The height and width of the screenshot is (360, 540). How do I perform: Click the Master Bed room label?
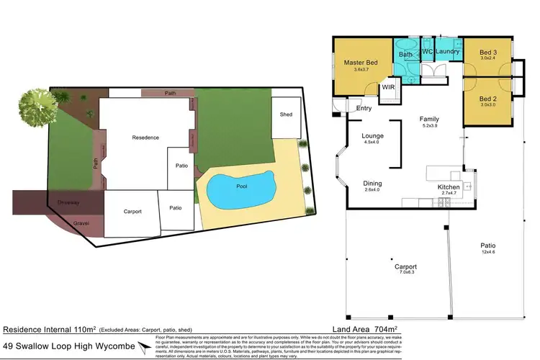pyautogui.click(x=356, y=63)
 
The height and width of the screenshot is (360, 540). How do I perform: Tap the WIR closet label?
pyautogui.click(x=388, y=86)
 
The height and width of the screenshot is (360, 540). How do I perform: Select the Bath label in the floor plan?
pyautogui.click(x=406, y=55)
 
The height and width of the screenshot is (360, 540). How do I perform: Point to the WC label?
pyautogui.click(x=426, y=52)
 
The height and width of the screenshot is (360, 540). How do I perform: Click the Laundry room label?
pyautogui.click(x=447, y=52)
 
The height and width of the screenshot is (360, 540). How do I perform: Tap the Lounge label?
pyautogui.click(x=372, y=135)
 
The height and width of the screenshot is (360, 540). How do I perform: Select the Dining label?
pyautogui.click(x=372, y=184)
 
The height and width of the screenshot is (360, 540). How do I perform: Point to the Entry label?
pyautogui.click(x=364, y=108)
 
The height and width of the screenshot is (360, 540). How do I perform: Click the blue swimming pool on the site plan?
pyautogui.click(x=240, y=189)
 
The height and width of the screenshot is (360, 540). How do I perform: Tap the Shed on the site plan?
pyautogui.click(x=286, y=115)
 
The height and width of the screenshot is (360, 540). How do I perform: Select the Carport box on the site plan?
pyautogui.click(x=131, y=212)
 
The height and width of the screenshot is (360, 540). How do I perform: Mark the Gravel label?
pyautogui.click(x=81, y=223)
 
